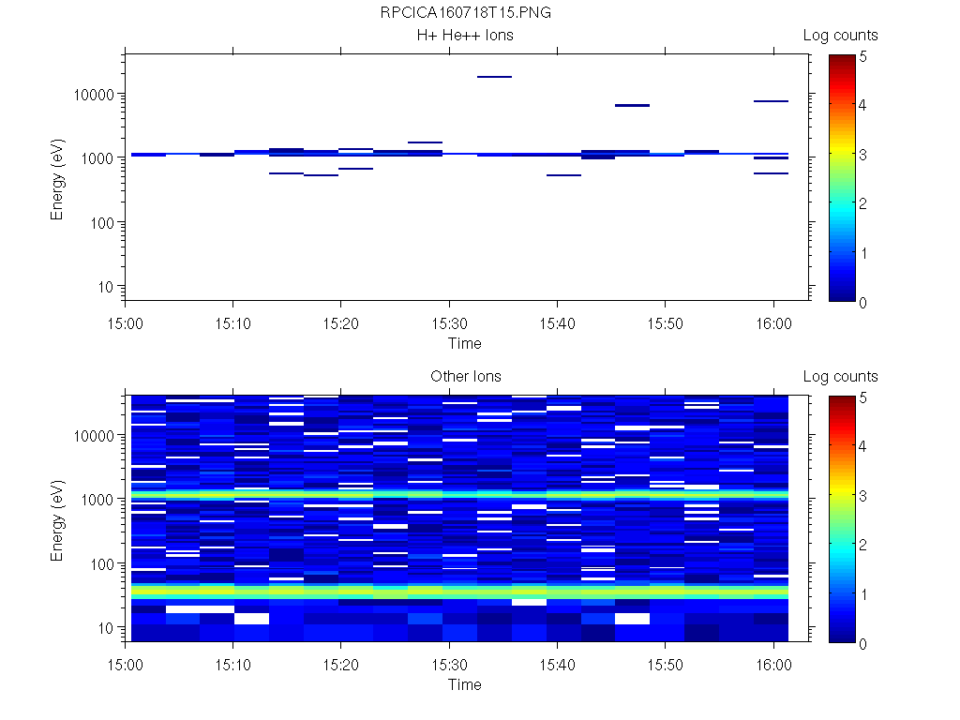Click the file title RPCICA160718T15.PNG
pos(465,14)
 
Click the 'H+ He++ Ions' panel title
pos(465,36)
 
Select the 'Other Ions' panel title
pos(465,377)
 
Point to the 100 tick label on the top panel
pos(100,223)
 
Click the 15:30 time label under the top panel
pos(449,322)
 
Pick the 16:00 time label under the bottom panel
pos(772,663)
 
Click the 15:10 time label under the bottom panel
pos(232,663)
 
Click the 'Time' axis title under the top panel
pos(465,343)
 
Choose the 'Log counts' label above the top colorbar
pos(840,36)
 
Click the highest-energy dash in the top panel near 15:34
pos(494,77)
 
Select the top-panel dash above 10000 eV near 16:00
pos(771,100)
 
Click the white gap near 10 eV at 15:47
pos(632,619)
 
